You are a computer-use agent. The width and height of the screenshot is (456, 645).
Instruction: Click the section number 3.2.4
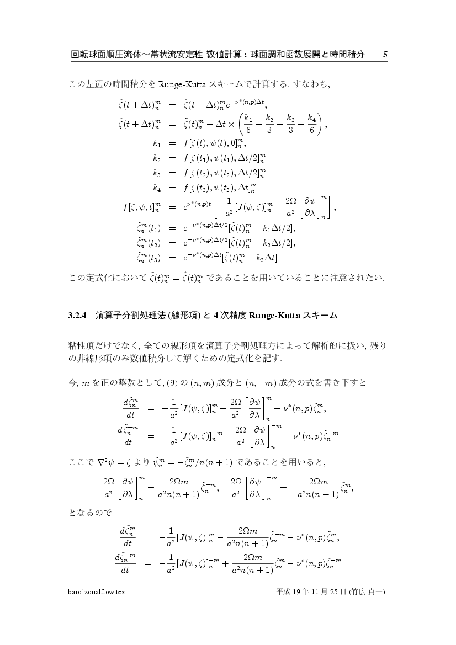[x=78, y=316]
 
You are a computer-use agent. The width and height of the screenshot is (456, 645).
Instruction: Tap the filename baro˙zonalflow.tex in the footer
[x=94, y=592]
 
